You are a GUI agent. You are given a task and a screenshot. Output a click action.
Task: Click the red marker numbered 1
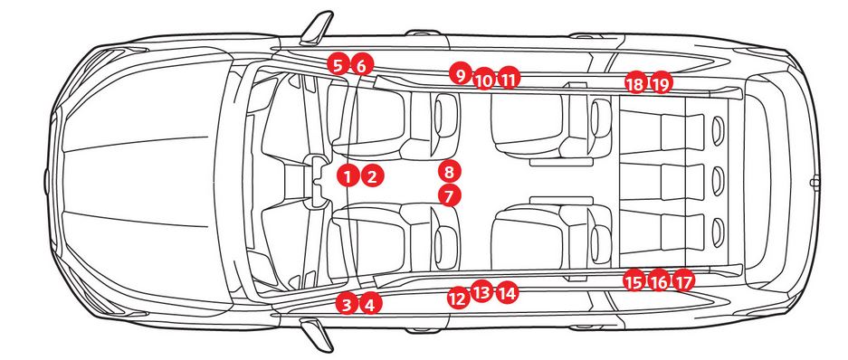pyautogui.click(x=348, y=175)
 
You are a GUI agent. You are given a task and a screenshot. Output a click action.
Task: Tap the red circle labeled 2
pyautogui.click(x=373, y=175)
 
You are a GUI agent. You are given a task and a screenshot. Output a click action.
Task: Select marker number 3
pyautogui.click(x=347, y=304)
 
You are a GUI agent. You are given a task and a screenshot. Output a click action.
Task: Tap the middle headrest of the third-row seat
pyautogui.click(x=718, y=180)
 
